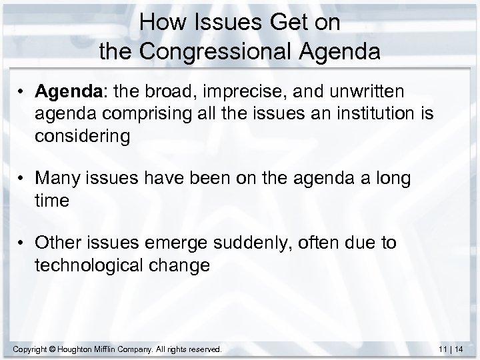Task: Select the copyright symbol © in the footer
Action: [x=53, y=349]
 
